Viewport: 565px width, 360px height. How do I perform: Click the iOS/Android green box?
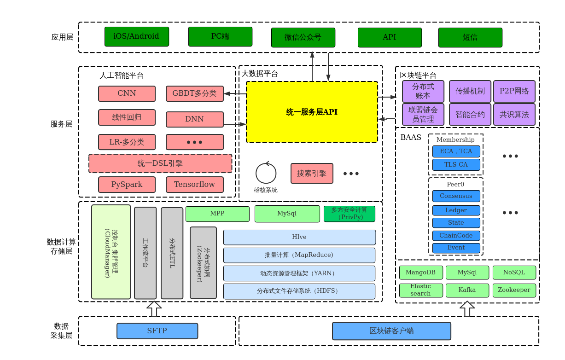pos(136,36)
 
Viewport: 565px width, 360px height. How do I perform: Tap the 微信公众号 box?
pos(303,37)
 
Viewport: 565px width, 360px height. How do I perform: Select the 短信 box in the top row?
pos(470,37)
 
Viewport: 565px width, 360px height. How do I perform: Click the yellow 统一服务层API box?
pos(312,112)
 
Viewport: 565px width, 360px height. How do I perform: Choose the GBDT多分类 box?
pos(194,93)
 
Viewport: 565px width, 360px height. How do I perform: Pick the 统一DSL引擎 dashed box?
pos(160,163)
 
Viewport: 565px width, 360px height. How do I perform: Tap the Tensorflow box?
pos(194,185)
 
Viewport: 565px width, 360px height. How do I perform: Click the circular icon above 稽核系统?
pos(266,173)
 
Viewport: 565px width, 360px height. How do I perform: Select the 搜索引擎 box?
pos(312,173)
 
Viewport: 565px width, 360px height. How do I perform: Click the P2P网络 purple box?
pos(514,91)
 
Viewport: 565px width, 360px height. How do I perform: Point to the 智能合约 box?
pos(470,115)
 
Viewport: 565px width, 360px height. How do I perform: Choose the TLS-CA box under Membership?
pos(456,165)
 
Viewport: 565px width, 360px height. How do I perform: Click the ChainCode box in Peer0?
pos(456,236)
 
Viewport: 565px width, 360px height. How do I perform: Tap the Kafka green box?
pos(467,290)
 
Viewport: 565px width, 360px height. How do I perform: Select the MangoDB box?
pos(420,273)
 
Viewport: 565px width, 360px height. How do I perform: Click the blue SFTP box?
pos(157,331)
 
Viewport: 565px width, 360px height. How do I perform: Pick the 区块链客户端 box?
pos(391,331)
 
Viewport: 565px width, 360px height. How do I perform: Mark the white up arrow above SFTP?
pos(154,308)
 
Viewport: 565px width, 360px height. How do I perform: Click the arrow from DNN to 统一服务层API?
pos(235,124)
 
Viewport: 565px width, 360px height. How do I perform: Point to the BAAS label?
pos(411,138)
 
